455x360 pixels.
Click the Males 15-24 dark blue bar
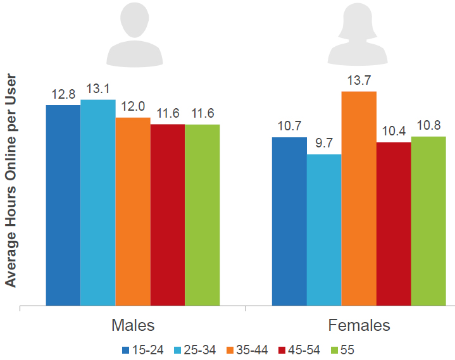[x=63, y=206]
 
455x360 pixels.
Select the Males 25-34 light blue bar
[x=98, y=202]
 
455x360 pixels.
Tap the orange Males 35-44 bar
[x=133, y=212]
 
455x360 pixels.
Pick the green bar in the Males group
[x=203, y=215]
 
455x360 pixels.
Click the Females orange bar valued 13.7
[x=359, y=199]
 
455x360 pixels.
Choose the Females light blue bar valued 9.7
[x=324, y=230]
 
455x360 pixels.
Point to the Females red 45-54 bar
[x=394, y=224]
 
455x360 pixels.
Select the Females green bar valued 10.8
[x=428, y=221]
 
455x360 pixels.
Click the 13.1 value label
[x=98, y=89]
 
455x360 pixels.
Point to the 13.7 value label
[x=359, y=80]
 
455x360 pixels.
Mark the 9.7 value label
[x=324, y=144]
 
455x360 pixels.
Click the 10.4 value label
[x=394, y=132]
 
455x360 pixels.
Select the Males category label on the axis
[x=133, y=326]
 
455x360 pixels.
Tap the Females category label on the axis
[x=359, y=326]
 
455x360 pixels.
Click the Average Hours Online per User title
[x=11, y=182]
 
